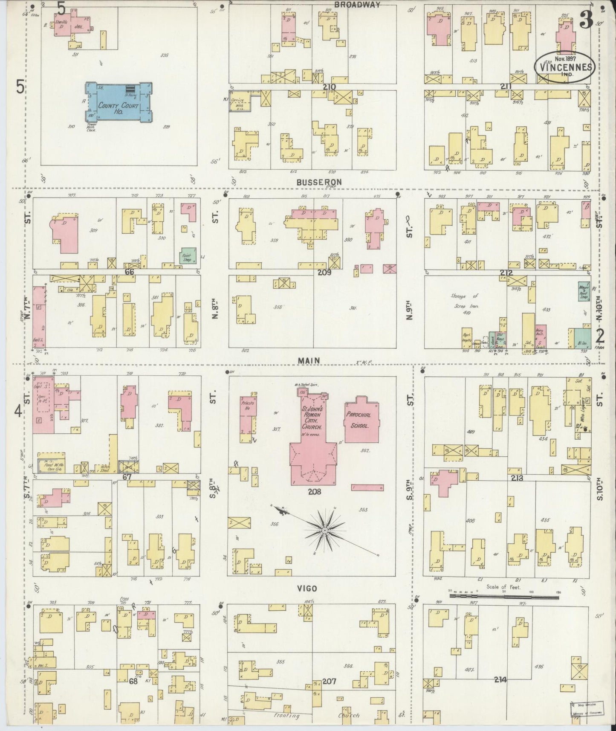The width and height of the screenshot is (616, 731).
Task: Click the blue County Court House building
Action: click(x=119, y=102)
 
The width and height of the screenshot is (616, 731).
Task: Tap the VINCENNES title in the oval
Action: click(x=564, y=67)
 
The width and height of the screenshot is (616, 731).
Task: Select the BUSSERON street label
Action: click(x=319, y=182)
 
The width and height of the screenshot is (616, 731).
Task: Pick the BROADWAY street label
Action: click(x=357, y=5)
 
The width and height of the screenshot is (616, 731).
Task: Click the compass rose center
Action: click(x=325, y=530)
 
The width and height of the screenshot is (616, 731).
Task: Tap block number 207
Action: click(x=329, y=682)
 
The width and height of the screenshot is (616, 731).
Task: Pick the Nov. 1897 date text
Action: click(x=565, y=58)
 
